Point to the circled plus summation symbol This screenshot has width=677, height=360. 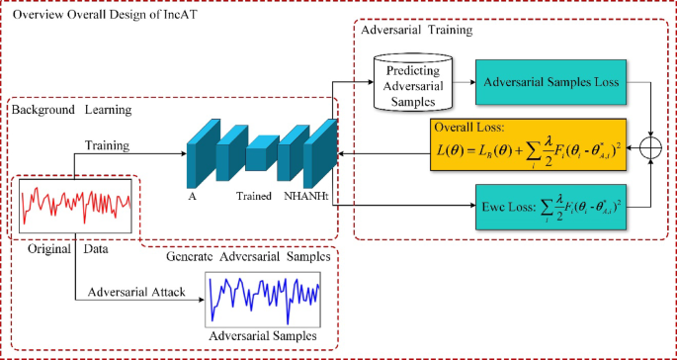pos(651,146)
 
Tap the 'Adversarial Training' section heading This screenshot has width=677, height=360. pos(415,31)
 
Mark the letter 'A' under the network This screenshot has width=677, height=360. pos(191,198)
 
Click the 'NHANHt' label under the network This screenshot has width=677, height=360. pos(304,198)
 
